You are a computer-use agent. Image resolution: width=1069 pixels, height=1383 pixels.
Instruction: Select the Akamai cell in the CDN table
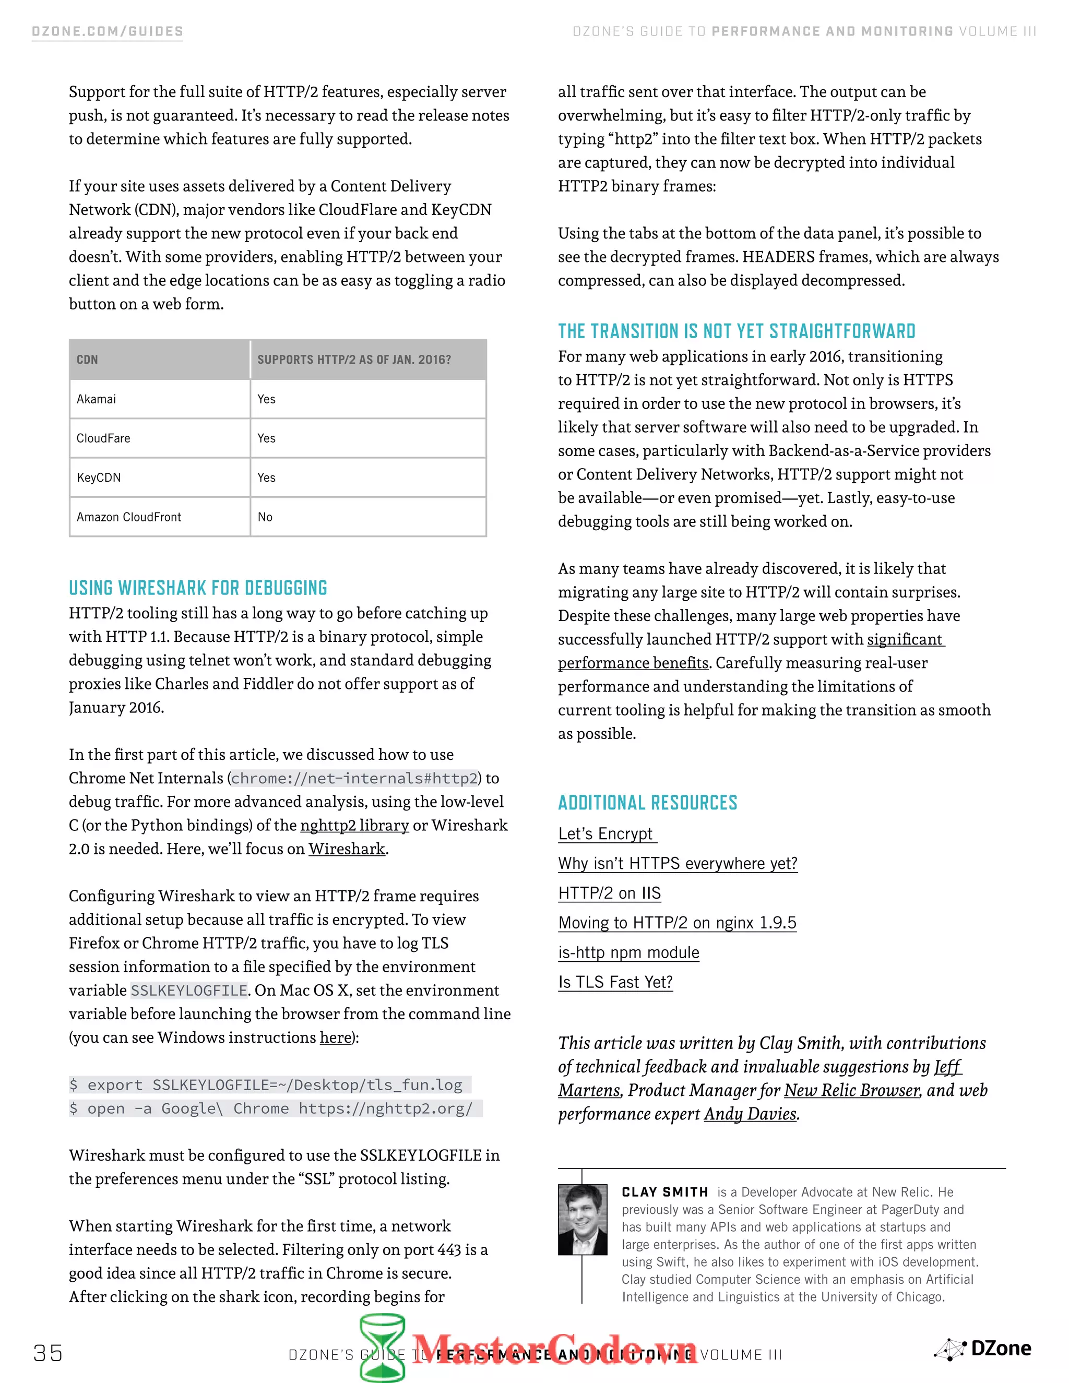coord(96,399)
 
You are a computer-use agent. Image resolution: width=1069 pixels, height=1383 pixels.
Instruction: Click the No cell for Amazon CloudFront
coord(265,517)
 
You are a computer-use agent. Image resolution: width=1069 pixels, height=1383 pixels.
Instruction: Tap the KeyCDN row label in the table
coord(99,478)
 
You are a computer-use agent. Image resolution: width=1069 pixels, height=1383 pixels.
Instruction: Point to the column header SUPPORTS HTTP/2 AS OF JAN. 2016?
coord(354,360)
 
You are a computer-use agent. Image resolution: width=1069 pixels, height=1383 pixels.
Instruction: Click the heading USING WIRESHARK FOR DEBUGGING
coord(198,588)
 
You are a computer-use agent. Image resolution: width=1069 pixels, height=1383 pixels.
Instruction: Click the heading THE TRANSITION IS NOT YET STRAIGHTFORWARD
coord(736,331)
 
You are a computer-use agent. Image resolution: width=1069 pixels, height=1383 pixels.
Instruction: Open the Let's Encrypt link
coord(606,834)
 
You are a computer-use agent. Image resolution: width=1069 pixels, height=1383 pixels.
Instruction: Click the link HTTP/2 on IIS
coord(609,893)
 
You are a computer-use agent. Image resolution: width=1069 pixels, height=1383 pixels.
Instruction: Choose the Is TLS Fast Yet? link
coord(615,982)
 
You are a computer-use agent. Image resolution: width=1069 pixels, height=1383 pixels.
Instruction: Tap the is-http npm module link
coord(628,952)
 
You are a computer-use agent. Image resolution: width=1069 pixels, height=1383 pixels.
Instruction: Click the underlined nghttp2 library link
coord(354,825)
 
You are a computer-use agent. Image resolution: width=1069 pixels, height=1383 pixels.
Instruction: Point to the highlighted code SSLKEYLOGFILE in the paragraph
coord(189,991)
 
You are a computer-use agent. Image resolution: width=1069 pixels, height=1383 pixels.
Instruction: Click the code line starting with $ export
coord(269,1085)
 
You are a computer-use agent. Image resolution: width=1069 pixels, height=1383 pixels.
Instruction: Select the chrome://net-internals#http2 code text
coord(354,778)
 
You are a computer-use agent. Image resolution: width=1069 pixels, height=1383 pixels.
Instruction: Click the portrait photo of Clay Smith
coord(582,1220)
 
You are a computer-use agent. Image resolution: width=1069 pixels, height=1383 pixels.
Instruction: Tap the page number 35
coord(48,1353)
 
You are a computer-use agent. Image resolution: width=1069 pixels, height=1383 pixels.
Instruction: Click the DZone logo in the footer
coord(983,1348)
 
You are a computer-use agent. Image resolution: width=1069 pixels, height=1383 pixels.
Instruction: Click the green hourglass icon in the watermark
coord(383,1346)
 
